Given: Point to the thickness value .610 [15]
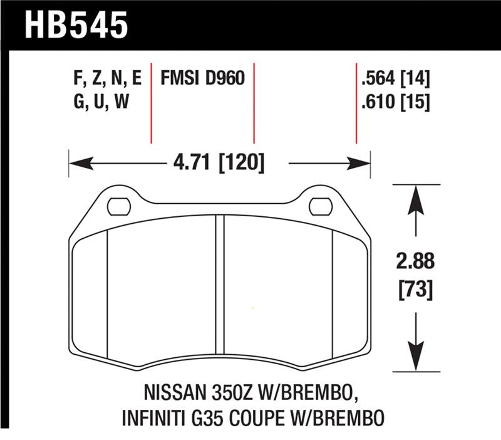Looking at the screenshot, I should click(x=395, y=101).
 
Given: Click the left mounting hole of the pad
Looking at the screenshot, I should click(x=118, y=205).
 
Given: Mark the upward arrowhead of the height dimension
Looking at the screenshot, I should click(x=414, y=194).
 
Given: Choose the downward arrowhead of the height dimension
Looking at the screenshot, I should click(x=414, y=362).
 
